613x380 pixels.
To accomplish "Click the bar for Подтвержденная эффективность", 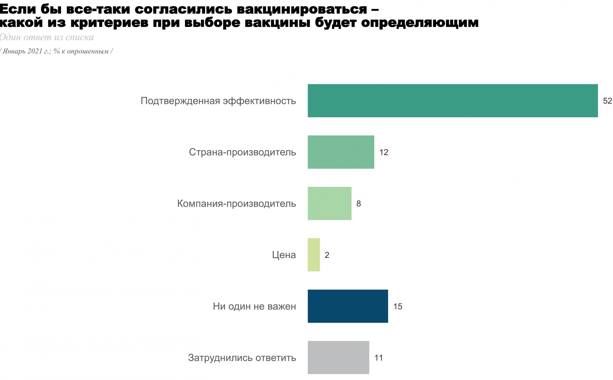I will [x=452, y=101].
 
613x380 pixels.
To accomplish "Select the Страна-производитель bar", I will [x=341, y=152].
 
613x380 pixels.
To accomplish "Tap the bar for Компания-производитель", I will [x=329, y=203].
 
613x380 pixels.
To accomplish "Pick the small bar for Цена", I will [x=314, y=255].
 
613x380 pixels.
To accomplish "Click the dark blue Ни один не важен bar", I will [x=348, y=306].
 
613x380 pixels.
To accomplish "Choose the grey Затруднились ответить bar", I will [x=338, y=358].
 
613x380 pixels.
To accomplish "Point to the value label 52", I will [x=607, y=101].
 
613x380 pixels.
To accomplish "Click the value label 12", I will [x=384, y=152].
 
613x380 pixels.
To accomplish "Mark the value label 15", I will [x=398, y=307].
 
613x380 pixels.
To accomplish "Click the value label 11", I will [x=379, y=358].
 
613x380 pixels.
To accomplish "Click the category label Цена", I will [x=284, y=255].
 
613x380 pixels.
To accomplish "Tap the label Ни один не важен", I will [x=254, y=307].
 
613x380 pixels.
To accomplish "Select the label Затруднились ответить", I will [x=242, y=358].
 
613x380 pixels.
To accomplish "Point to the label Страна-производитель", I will [x=242, y=152].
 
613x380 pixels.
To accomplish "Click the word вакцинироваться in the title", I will [x=302, y=9].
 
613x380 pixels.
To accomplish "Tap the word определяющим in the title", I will [x=420, y=23].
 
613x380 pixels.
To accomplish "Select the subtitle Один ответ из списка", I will [x=47, y=37].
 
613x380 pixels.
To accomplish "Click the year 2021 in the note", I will [x=35, y=51].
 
